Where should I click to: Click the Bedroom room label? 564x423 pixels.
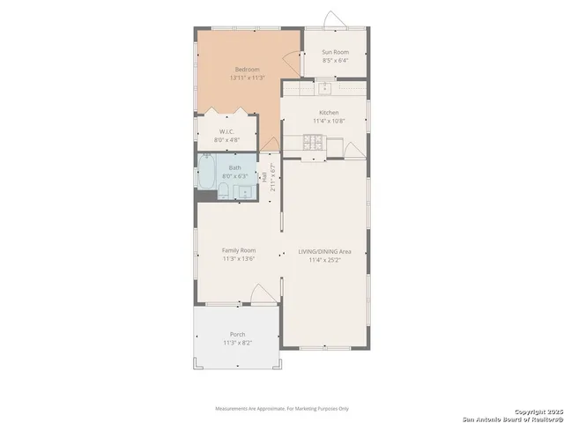tap(247, 70)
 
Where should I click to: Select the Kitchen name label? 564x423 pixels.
tap(329, 113)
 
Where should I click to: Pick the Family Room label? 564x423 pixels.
tap(238, 251)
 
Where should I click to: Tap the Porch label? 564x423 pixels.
tap(238, 334)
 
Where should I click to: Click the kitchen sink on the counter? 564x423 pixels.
tap(324, 86)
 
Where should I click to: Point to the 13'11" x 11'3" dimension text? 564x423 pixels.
tap(247, 78)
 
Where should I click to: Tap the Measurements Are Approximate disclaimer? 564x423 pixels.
tap(282, 409)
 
